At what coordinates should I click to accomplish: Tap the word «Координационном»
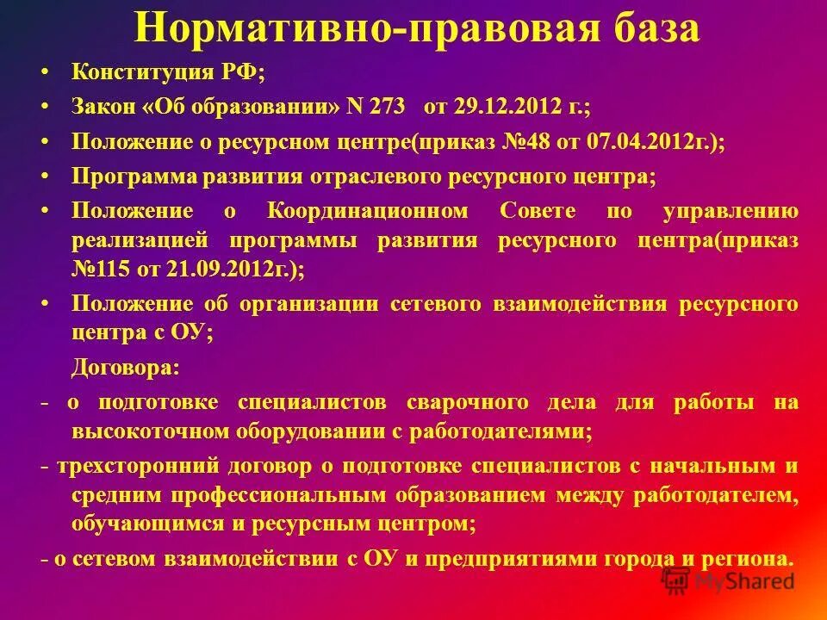pos(369,211)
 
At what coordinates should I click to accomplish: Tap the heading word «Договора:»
pos(125,367)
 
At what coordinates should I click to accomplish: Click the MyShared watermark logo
pos(729,581)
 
